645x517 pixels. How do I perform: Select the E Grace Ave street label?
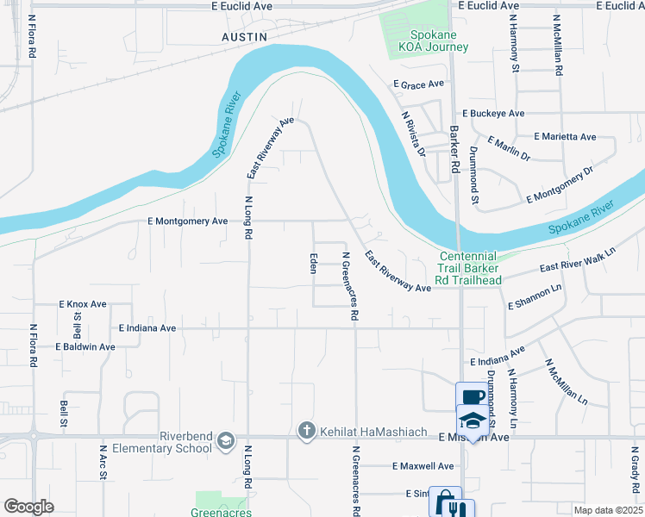(x=418, y=84)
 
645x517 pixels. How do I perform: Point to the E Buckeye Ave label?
(x=493, y=113)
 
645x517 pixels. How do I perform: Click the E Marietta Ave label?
(x=565, y=137)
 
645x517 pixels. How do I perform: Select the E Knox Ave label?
(x=83, y=304)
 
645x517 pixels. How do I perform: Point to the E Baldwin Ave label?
(x=85, y=346)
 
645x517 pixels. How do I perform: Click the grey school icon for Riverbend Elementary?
(x=226, y=440)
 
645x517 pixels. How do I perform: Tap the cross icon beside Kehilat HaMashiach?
(x=306, y=429)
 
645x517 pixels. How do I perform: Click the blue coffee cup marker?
(x=470, y=397)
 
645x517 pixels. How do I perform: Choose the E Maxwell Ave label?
(x=422, y=466)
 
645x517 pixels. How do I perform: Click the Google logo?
(x=28, y=507)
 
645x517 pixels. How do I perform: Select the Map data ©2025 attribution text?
(x=608, y=510)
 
